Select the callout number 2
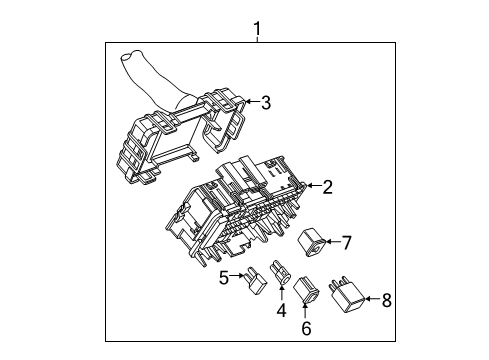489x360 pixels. point(328,185)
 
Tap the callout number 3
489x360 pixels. point(265,101)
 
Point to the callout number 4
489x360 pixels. point(281,310)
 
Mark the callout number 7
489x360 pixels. point(347,241)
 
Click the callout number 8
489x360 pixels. point(387,299)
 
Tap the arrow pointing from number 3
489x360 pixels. point(251,101)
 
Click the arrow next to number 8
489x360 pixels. point(372,299)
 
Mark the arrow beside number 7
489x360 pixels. point(334,241)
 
